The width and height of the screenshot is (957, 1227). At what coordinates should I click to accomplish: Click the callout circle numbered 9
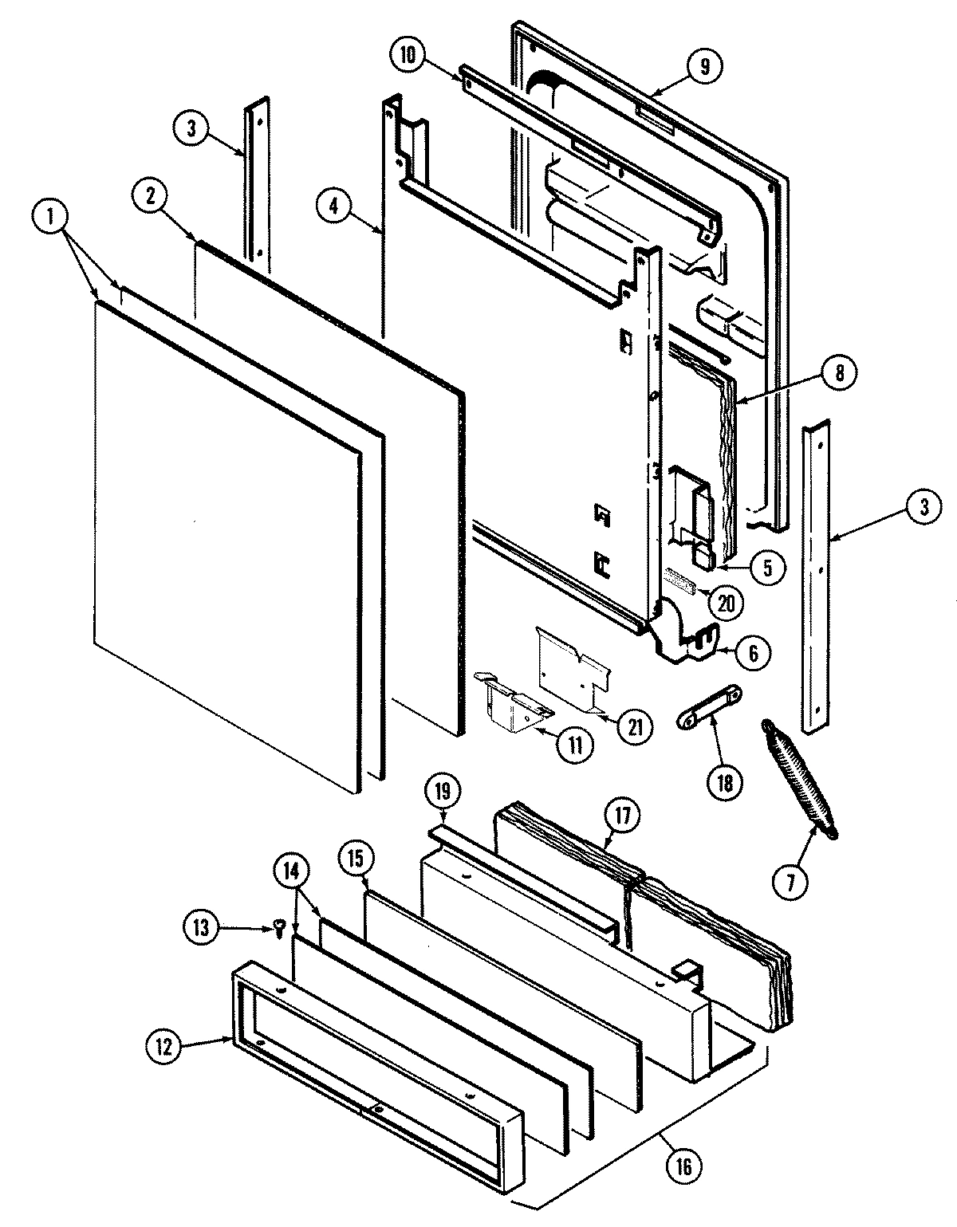[704, 66]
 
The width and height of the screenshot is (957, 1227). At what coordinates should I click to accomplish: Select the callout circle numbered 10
[408, 55]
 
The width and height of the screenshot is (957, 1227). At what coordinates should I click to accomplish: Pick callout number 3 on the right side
[923, 508]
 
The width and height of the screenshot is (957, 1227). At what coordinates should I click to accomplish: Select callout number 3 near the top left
[191, 129]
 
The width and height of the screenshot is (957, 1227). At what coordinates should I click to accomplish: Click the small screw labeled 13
[280, 927]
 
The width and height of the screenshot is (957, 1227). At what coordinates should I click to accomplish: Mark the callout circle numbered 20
[724, 603]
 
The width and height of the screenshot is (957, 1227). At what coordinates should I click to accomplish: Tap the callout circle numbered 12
[164, 1046]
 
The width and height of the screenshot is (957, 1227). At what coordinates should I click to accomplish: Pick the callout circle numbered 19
[443, 792]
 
